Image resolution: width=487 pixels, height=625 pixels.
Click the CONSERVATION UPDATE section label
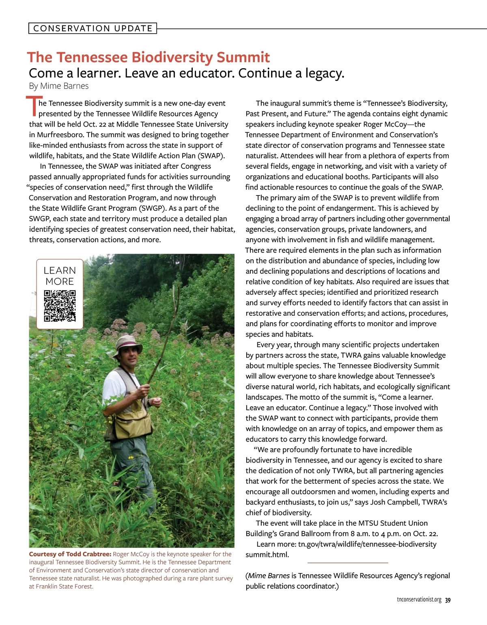point(93,28)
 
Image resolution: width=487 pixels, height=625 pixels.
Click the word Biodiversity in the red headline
point(173,57)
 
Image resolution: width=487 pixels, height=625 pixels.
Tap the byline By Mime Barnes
point(59,86)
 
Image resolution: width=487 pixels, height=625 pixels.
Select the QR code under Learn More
point(60,306)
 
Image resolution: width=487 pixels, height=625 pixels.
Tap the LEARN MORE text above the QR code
point(60,276)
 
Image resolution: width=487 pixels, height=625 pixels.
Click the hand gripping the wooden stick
point(143,390)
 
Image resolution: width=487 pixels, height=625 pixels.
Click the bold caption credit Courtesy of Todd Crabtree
point(70,554)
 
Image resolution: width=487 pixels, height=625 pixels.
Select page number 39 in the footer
point(448,600)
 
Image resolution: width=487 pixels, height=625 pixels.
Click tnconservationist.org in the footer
point(419,600)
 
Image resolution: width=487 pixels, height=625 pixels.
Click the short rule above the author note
point(348,563)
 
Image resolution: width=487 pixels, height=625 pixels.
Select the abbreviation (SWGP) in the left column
point(153,208)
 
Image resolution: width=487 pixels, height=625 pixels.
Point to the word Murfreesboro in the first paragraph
point(60,135)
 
